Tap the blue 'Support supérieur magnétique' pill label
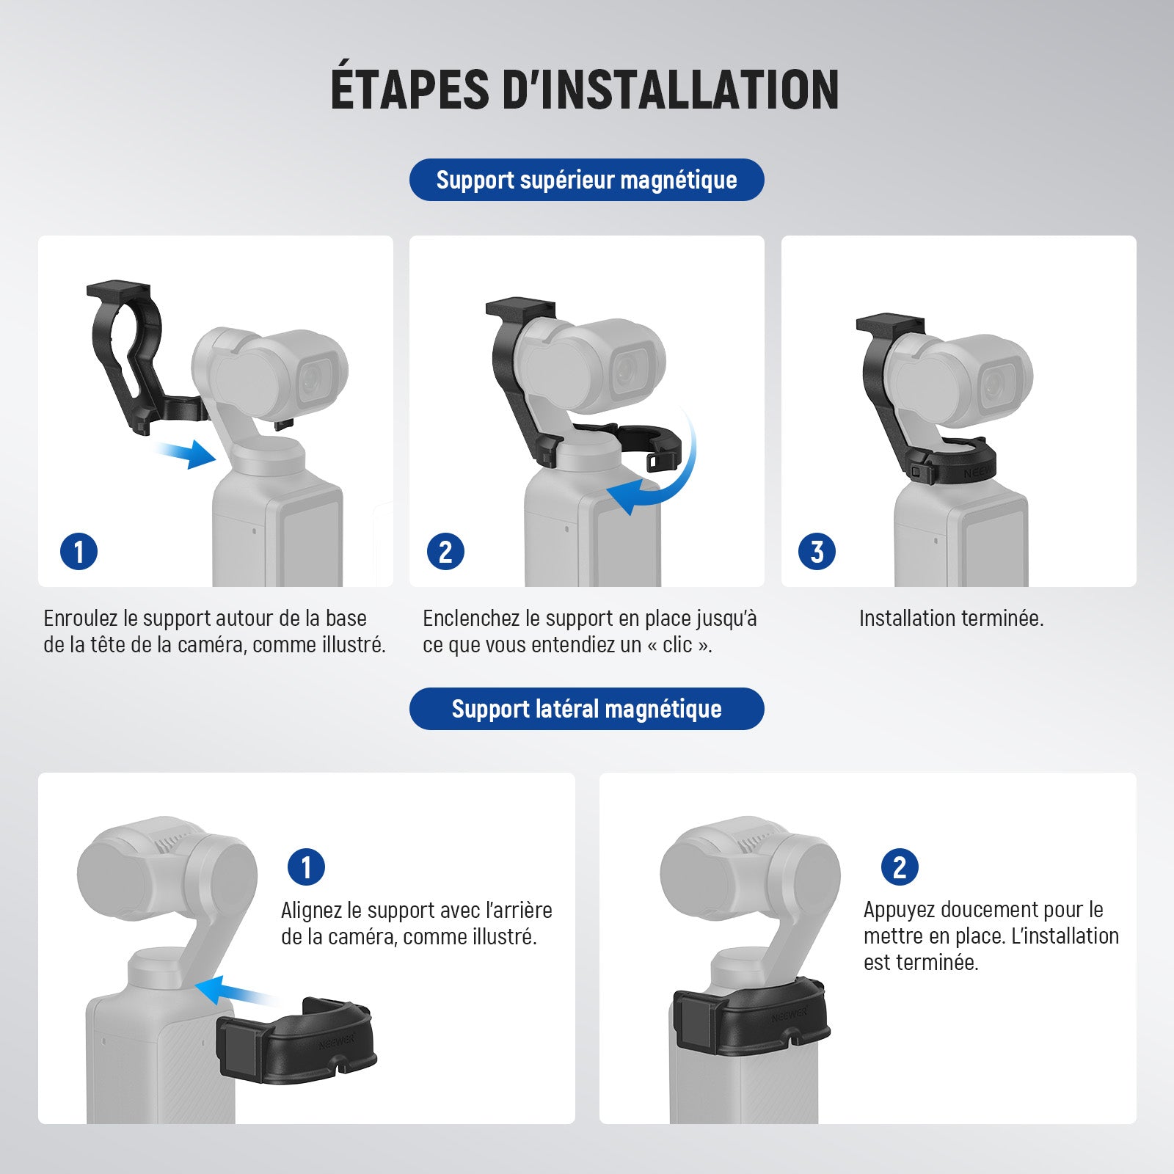586,180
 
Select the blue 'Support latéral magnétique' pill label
586,709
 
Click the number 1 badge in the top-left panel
79,552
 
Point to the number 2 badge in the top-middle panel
445,552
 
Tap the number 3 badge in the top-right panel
817,552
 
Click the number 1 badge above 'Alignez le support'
306,867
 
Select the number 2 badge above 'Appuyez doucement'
900,867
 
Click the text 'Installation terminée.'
951,619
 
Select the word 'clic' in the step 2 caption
677,645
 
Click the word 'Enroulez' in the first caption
80,619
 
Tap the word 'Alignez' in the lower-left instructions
311,911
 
